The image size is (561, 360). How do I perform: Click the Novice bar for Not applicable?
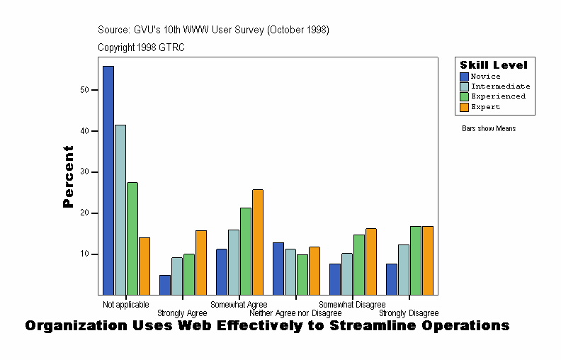tap(108, 180)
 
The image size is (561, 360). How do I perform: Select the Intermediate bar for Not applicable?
tap(120, 210)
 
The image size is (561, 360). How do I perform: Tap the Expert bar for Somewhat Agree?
tap(258, 242)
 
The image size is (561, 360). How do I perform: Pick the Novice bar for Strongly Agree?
tap(165, 285)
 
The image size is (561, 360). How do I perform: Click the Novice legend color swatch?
tap(465, 77)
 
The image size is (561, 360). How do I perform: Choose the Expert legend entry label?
tap(485, 107)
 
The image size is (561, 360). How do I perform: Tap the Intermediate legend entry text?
tap(500, 86)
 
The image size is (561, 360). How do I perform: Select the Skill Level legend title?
tap(494, 65)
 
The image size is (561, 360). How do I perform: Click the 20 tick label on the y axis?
tap(84, 213)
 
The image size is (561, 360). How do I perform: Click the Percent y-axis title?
tap(68, 176)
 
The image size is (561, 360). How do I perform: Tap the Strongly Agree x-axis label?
tap(182, 313)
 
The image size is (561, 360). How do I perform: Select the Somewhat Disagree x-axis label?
tap(352, 305)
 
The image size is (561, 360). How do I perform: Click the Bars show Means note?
tap(489, 129)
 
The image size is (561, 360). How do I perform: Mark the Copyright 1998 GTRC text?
tap(141, 47)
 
